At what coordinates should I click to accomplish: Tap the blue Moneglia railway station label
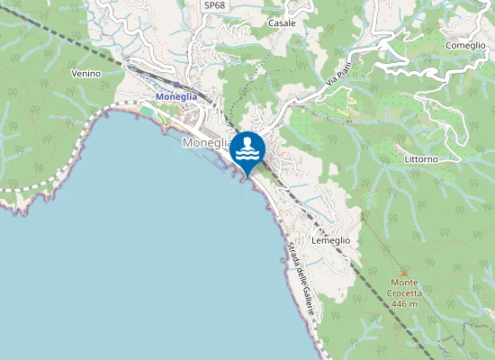click(x=175, y=96)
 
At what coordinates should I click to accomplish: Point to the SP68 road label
click(x=214, y=5)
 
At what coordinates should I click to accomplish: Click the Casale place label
click(x=282, y=23)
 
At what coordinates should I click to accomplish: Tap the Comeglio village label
click(x=465, y=44)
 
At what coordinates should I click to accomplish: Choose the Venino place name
click(x=85, y=74)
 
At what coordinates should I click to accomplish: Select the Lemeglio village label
click(x=329, y=240)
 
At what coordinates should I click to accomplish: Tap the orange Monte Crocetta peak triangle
click(x=403, y=274)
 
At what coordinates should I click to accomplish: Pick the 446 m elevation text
click(x=404, y=304)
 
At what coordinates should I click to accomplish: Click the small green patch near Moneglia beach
click(x=148, y=110)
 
